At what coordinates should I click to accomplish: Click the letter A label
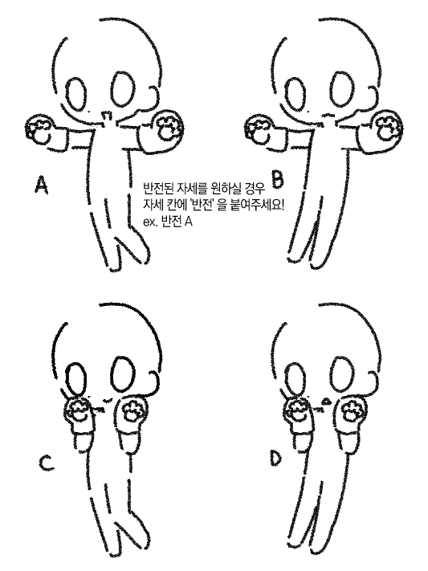click(42, 184)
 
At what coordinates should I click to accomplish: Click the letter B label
click(277, 180)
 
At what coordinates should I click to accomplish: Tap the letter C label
click(46, 463)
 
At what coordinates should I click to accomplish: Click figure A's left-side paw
click(39, 129)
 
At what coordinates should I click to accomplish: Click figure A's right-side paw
click(169, 126)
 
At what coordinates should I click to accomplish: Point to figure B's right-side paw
click(387, 126)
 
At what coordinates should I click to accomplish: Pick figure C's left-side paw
click(79, 412)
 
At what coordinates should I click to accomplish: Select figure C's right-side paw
click(131, 410)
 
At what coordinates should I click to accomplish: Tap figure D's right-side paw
click(350, 410)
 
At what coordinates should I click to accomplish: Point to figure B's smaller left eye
click(295, 95)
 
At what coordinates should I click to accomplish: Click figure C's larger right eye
click(123, 375)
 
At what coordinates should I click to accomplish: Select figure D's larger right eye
click(342, 375)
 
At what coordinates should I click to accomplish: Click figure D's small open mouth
click(327, 402)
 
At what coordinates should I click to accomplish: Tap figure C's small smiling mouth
click(106, 401)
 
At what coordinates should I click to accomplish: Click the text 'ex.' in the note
click(149, 222)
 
